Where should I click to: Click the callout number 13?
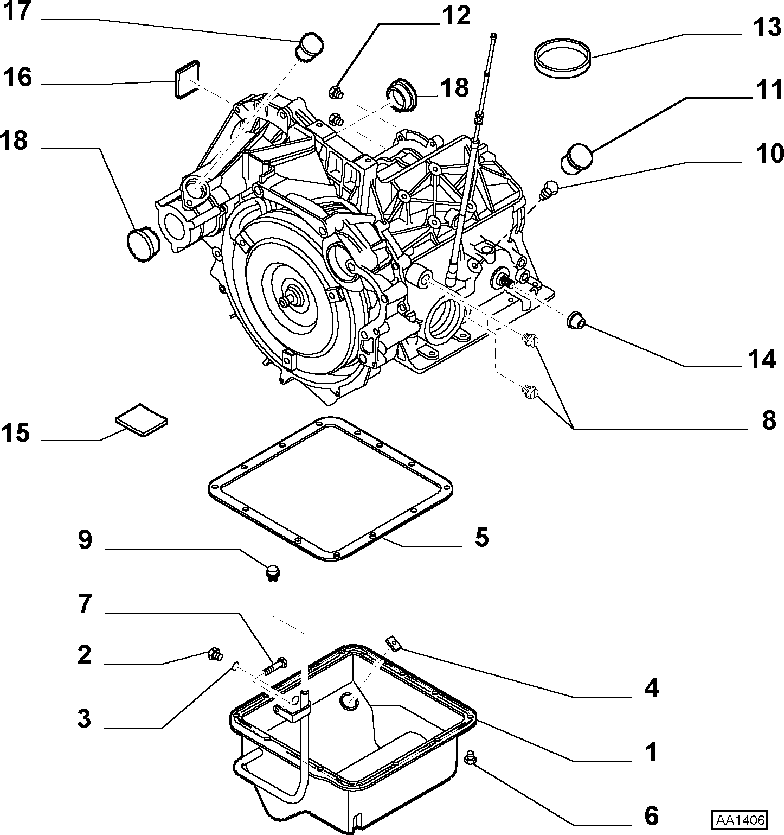(766, 27)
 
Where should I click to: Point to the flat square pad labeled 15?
(142, 419)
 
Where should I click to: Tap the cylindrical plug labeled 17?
(309, 47)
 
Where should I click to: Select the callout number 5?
(481, 537)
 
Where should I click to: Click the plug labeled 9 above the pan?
(272, 572)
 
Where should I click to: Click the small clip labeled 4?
(394, 643)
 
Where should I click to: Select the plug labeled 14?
(575, 320)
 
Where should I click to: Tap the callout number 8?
(769, 420)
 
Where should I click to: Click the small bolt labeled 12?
(336, 93)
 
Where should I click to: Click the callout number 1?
(651, 752)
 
